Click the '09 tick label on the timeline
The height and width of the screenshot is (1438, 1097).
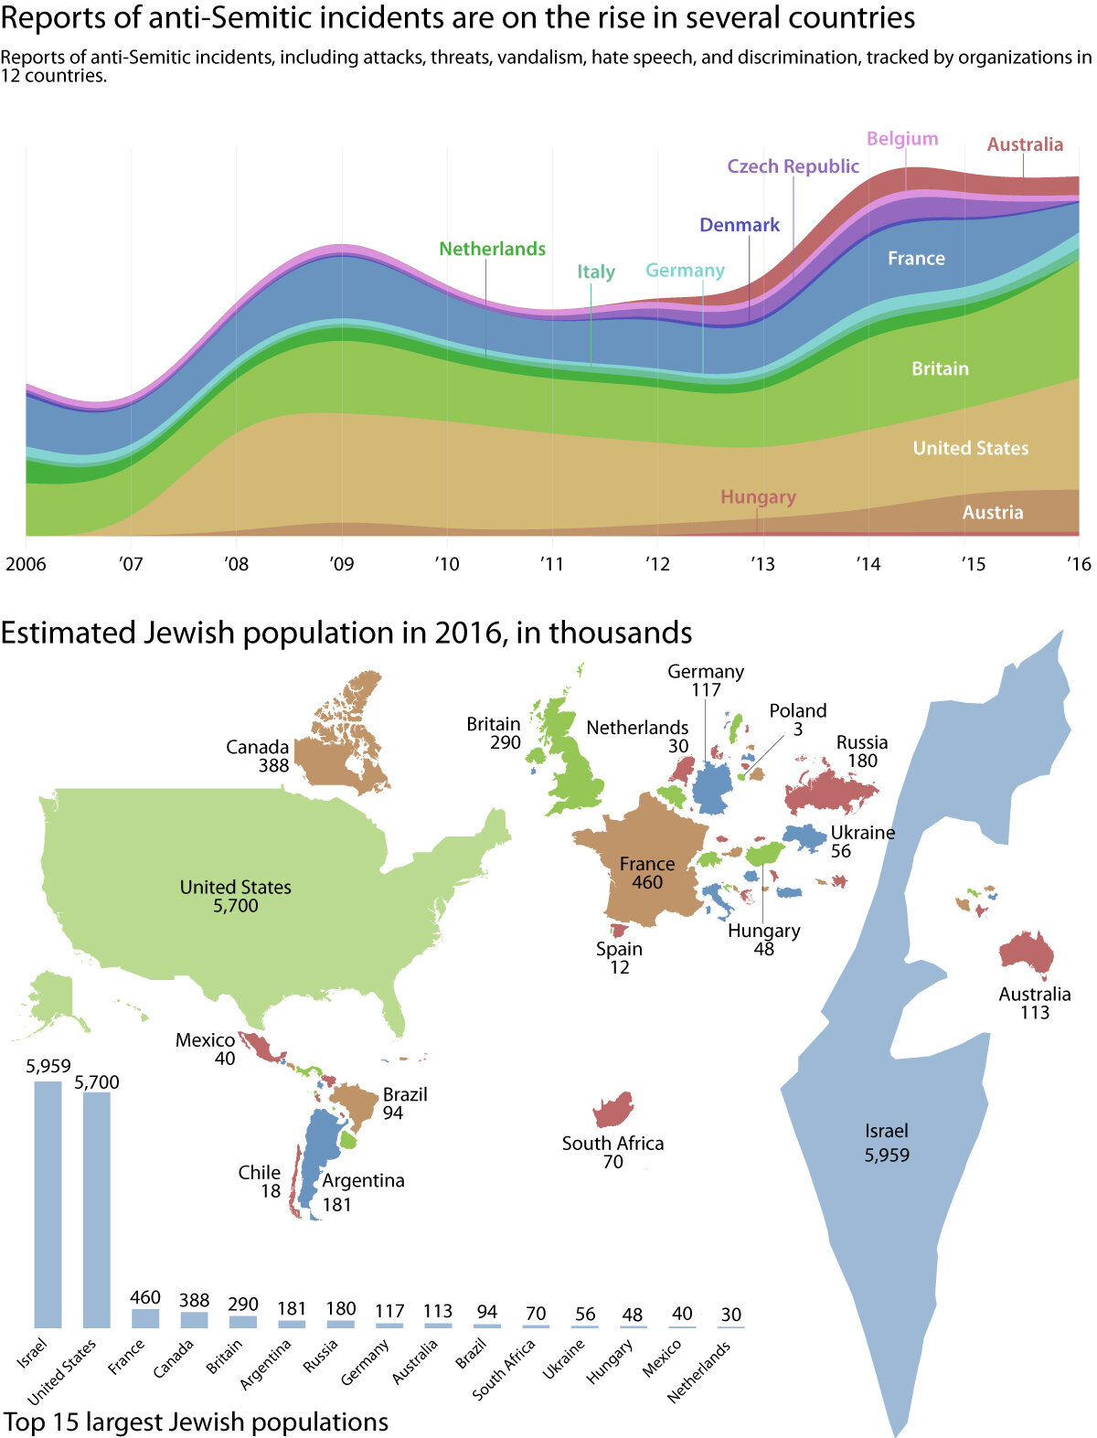click(x=341, y=564)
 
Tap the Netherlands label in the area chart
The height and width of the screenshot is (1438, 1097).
click(x=492, y=249)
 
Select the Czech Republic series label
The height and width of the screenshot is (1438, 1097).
click(x=793, y=166)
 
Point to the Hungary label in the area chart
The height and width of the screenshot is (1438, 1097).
click(x=758, y=497)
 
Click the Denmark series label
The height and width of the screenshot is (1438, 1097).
click(x=740, y=225)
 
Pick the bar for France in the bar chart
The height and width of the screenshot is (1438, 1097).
click(x=145, y=1317)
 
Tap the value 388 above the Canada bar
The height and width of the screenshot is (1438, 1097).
click(x=194, y=1300)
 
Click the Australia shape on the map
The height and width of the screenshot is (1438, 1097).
click(x=1027, y=951)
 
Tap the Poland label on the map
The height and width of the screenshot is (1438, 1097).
click(x=797, y=711)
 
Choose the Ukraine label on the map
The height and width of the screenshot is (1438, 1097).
click(x=862, y=833)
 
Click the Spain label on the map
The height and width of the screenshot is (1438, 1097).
click(x=619, y=949)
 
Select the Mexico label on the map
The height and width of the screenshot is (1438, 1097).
click(x=205, y=1040)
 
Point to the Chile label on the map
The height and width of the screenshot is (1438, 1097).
click(x=259, y=1173)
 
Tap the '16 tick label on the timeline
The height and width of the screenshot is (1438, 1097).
click(x=1079, y=564)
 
